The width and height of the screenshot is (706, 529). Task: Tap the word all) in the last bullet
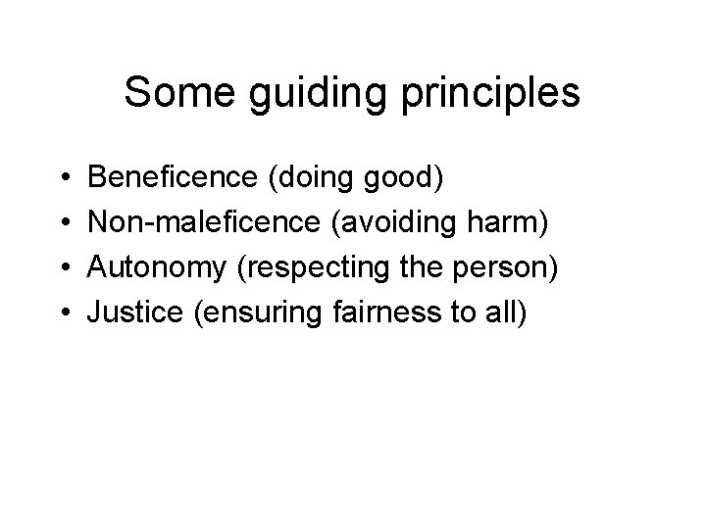(x=505, y=313)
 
